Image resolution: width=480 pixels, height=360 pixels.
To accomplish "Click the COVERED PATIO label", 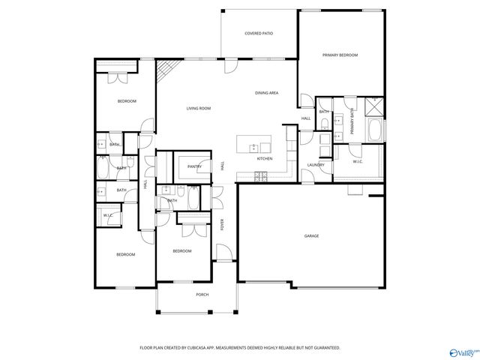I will point(258,34).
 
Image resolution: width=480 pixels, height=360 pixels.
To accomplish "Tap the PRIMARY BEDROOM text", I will point(340,55).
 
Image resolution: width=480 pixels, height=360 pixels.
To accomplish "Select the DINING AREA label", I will point(266,93).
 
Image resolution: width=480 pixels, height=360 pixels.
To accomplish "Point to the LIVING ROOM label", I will point(198,109).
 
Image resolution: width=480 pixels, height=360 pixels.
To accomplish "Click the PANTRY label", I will point(194,166).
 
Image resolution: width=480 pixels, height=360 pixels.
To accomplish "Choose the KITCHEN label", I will point(265,159).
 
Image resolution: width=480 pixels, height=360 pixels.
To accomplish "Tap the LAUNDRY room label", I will point(315,165).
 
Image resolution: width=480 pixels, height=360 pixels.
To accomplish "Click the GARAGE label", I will point(311,236).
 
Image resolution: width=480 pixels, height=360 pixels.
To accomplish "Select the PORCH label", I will point(202,295).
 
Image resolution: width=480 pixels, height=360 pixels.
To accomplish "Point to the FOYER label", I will point(222,223).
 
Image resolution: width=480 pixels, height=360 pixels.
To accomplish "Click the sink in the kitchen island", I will point(254,145).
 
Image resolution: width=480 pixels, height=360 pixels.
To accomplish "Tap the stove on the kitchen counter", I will point(261,176).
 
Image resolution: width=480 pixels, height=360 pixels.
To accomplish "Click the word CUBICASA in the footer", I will point(202,348).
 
